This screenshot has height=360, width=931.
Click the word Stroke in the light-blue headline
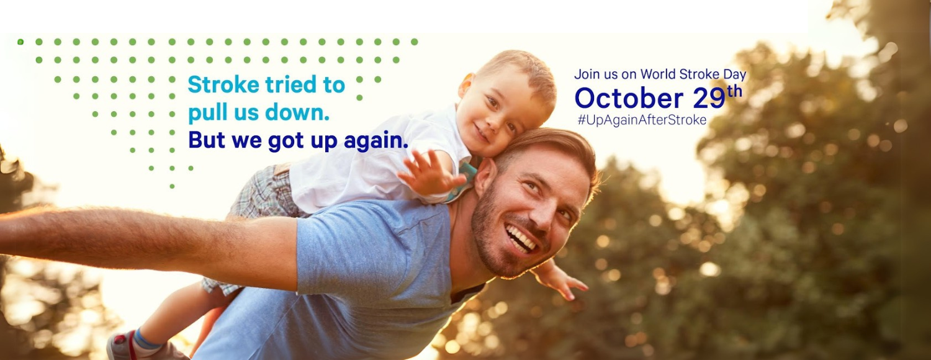point(223,84)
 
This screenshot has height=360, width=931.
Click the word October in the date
point(629,98)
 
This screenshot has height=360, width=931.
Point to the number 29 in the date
point(709,99)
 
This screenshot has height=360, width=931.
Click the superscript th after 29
point(735,91)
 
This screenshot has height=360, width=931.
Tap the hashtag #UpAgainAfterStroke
point(642,120)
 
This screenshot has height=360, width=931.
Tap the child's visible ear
point(465,85)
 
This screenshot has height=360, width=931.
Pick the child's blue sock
point(146,338)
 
